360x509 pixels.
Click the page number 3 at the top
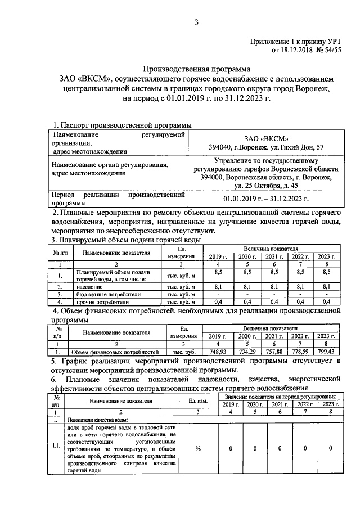click(196, 23)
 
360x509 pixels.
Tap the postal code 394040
click(224, 148)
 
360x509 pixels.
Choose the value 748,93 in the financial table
click(217, 352)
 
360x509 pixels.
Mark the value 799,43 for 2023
click(326, 352)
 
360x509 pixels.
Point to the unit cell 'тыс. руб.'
click(183, 352)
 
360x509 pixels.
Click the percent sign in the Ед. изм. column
click(198, 448)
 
